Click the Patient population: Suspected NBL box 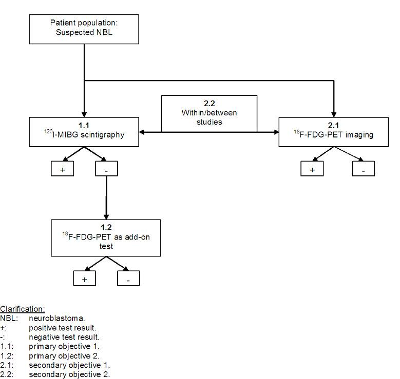click(x=84, y=29)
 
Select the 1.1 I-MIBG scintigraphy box click(x=84, y=132)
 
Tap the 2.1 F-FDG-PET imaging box click(x=334, y=132)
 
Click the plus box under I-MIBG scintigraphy click(x=63, y=169)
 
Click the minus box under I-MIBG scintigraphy click(x=106, y=169)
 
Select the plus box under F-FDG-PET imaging click(x=312, y=169)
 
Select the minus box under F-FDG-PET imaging click(x=363, y=169)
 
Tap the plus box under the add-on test click(x=84, y=278)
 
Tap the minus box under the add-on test click(x=128, y=278)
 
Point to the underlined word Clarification click(x=23, y=309)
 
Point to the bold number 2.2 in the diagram click(x=209, y=103)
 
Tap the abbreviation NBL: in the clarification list click(x=8, y=318)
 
